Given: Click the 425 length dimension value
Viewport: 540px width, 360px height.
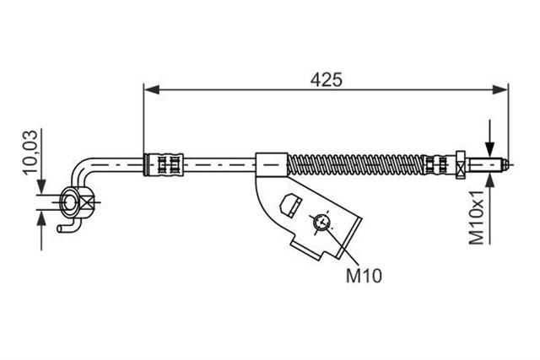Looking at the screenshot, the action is click(x=326, y=80).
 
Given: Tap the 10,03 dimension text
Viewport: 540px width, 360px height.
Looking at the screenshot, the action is click(x=30, y=152).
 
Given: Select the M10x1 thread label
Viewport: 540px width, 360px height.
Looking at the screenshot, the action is click(x=477, y=218).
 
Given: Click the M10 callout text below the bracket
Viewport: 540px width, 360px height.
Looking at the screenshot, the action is click(x=364, y=276).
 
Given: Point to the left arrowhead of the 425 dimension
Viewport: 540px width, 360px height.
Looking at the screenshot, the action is click(x=152, y=90).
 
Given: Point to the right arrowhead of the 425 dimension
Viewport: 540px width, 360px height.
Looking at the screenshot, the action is click(x=500, y=90).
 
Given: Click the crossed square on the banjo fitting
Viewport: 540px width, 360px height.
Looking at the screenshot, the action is click(x=86, y=202).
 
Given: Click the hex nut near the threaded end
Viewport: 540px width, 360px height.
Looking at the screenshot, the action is click(x=461, y=165).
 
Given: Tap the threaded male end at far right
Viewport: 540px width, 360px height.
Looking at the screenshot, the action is click(x=488, y=165).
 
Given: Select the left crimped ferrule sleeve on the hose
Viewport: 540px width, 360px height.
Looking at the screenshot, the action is click(x=164, y=165).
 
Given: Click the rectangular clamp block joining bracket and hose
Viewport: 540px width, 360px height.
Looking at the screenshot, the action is click(x=272, y=165).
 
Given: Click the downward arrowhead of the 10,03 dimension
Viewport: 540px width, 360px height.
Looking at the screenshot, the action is click(x=41, y=187).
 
